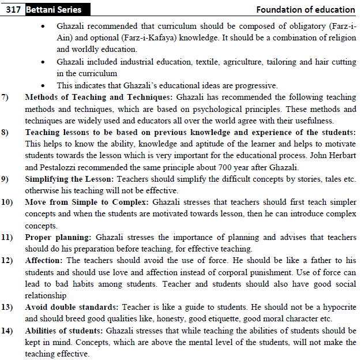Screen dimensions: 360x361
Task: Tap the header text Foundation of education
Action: tap(306, 9)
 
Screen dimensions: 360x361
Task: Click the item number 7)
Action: tap(6, 97)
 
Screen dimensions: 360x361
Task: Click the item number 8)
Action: tap(6, 133)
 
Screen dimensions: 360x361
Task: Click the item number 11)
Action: tap(8, 237)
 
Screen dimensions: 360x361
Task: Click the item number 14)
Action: tap(8, 331)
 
